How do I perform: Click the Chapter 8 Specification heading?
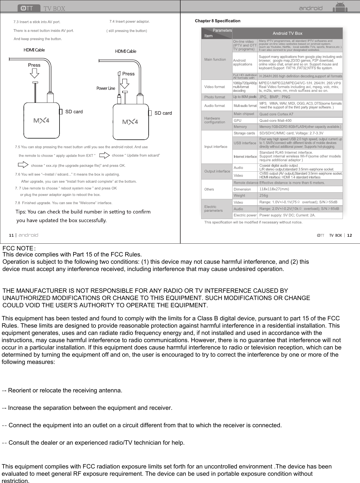(217, 21)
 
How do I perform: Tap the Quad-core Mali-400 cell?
(275, 121)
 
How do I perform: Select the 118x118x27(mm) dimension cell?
(274, 189)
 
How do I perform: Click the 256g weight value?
(264, 195)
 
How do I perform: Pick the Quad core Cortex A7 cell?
(276, 114)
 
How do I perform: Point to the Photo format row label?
(215, 97)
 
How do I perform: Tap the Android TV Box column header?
(287, 33)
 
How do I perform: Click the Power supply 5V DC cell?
(287, 215)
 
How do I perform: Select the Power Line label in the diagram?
(106, 88)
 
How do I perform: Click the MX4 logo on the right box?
(130, 122)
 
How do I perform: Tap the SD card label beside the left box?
(74, 112)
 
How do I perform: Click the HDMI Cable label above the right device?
(125, 51)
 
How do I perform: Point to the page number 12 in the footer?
(350, 235)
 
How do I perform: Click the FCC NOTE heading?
(18, 248)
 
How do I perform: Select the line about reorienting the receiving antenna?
(62, 390)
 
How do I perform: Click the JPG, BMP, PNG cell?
(274, 97)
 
